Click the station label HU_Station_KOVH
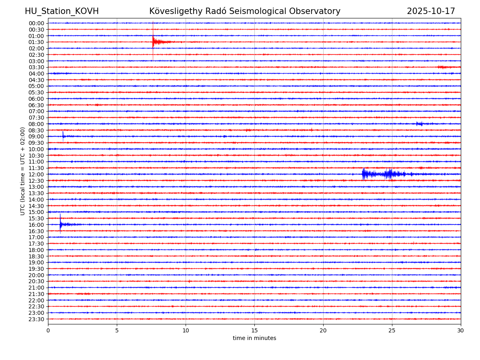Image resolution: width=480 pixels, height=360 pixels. [x=62, y=12]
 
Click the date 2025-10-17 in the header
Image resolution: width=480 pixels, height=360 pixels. [x=431, y=12]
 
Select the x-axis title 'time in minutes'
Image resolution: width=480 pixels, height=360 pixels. [x=254, y=338]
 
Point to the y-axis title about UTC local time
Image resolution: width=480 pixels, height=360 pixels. [x=23, y=171]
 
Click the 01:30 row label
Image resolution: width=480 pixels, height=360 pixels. [x=36, y=42]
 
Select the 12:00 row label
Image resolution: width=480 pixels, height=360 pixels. [x=36, y=174]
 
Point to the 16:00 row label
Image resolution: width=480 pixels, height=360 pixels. [x=36, y=225]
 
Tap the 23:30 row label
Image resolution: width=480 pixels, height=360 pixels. [x=36, y=319]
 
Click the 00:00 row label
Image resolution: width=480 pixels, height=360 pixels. [x=36, y=23]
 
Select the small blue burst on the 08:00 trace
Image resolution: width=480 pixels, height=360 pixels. [x=419, y=124]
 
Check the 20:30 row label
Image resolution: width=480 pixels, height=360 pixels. [x=36, y=282]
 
